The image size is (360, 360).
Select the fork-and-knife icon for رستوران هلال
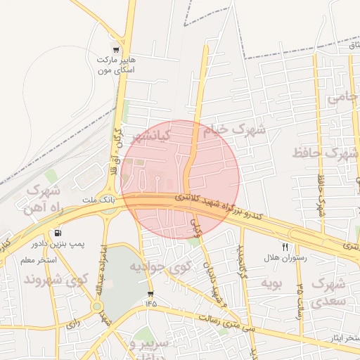coord(285,247)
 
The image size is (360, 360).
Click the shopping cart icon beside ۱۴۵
coord(150,293)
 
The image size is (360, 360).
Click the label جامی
coord(342,96)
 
